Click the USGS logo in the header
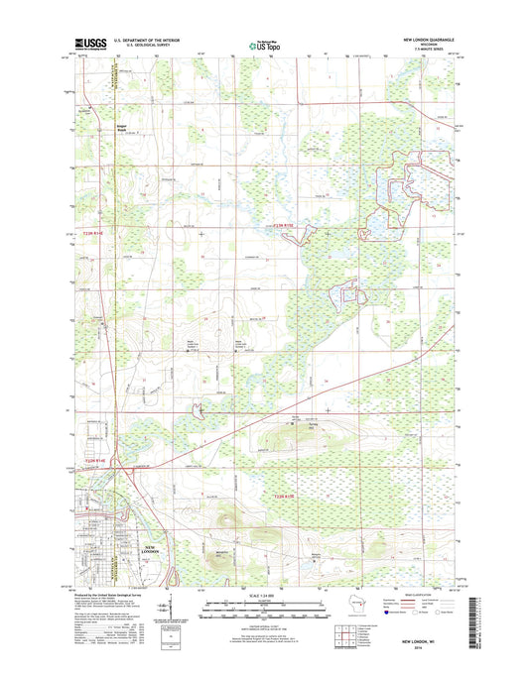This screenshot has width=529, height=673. point(88,44)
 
